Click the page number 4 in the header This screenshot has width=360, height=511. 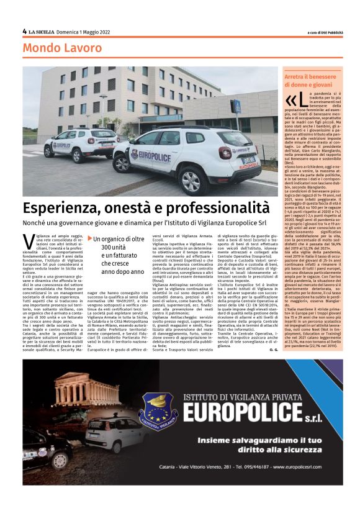coord(24,31)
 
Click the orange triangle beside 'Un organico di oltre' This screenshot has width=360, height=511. coord(90,238)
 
